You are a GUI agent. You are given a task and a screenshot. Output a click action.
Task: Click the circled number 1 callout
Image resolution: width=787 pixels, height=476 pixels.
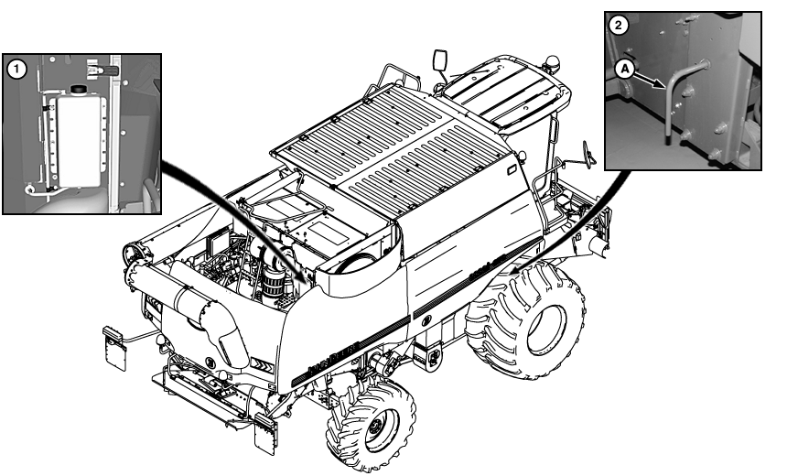pyautogui.click(x=16, y=69)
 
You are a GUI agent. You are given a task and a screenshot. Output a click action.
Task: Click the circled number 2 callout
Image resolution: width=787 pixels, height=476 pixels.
pyautogui.click(x=618, y=25)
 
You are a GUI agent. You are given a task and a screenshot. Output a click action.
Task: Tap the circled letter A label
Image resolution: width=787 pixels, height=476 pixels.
pyautogui.click(x=624, y=69)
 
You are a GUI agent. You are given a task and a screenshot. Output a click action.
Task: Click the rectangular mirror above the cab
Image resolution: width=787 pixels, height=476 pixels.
pyautogui.click(x=440, y=60)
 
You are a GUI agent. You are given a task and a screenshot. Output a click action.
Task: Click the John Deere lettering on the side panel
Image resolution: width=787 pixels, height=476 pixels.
pyautogui.click(x=333, y=358)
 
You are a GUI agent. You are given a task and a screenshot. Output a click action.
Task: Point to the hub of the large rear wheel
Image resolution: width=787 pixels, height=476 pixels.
pyautogui.click(x=547, y=329)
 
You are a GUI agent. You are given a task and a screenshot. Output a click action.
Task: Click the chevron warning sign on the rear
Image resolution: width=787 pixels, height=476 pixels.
pyautogui.click(x=262, y=366)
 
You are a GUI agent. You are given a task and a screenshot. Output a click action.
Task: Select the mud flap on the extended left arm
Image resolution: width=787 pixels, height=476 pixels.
pyautogui.click(x=114, y=349)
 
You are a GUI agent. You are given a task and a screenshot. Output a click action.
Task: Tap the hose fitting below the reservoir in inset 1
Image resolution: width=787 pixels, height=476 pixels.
pyautogui.click(x=30, y=189)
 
